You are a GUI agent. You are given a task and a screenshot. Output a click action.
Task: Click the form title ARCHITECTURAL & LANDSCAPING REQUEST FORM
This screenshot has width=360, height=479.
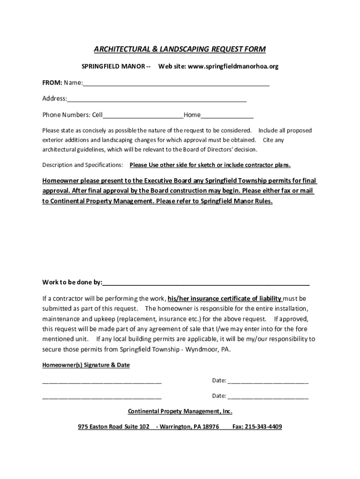180,49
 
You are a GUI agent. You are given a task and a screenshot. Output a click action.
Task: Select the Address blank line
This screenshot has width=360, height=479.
157,100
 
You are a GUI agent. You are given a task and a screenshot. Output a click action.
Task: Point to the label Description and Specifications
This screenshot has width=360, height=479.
83,165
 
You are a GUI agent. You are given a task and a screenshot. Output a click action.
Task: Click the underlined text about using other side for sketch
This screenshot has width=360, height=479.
210,165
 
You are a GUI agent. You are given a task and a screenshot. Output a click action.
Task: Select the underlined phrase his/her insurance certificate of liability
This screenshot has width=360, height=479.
224,298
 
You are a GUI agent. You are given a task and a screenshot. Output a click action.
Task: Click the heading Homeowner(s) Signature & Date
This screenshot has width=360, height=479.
86,365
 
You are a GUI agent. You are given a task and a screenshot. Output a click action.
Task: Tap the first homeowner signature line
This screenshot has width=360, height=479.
102,382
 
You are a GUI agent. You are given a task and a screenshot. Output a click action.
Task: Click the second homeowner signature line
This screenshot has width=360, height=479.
102,397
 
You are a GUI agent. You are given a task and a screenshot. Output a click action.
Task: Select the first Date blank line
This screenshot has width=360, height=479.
268,382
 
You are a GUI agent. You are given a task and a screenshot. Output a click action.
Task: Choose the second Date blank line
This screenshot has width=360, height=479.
268,397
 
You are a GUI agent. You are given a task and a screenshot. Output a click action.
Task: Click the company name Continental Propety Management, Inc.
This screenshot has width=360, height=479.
180,411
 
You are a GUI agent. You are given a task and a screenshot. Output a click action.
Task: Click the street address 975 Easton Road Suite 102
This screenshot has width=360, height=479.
114,427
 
